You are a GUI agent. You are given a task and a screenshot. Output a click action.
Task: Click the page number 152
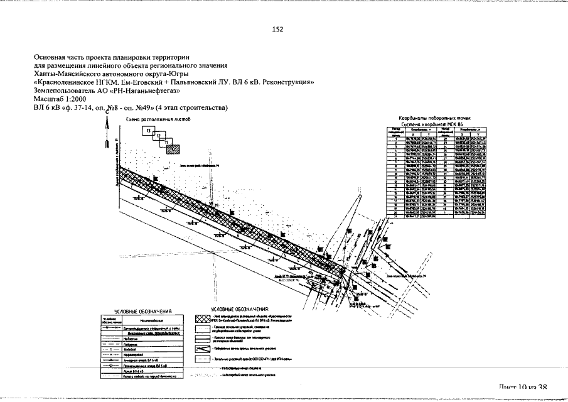[277, 30]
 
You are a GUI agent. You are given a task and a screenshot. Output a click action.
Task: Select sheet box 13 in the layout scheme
[148, 131]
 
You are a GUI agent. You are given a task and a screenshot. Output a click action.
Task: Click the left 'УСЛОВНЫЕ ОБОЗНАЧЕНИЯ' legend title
[141, 312]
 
